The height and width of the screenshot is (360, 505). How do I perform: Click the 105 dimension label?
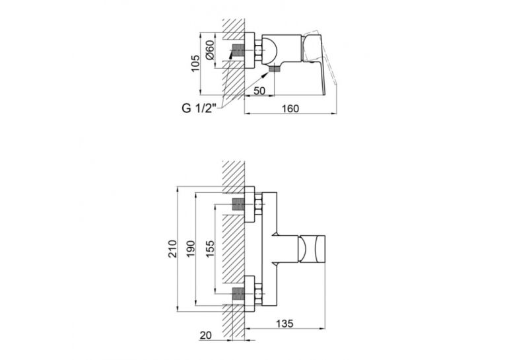[195, 63]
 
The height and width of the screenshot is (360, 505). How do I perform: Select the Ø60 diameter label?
[209, 50]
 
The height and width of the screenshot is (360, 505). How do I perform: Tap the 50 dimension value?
[259, 91]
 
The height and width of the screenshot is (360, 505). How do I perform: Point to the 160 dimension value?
[290, 108]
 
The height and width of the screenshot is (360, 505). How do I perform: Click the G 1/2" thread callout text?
[199, 108]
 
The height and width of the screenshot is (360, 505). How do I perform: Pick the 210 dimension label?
[173, 248]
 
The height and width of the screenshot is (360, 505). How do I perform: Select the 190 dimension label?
[191, 248]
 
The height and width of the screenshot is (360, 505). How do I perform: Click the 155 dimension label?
[210, 248]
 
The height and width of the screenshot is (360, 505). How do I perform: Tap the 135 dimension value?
[285, 323]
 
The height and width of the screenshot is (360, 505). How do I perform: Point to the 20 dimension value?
[206, 335]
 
